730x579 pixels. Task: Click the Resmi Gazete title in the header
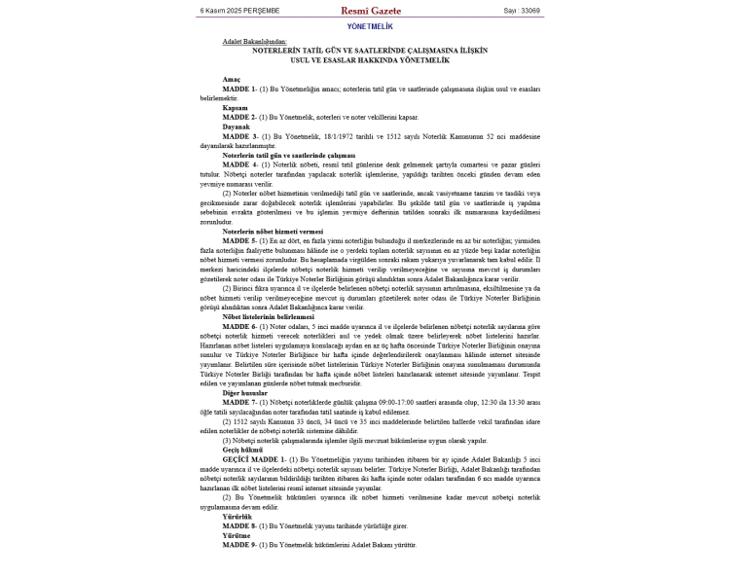pos(370,11)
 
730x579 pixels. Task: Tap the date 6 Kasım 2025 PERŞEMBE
pos(239,11)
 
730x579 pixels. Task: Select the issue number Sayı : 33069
pos(521,11)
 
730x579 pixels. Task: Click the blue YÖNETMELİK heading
pos(370,26)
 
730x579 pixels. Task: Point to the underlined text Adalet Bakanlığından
pos(254,42)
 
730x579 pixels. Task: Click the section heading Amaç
pos(231,79)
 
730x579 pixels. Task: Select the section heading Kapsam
pos(235,107)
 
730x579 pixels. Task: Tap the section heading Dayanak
pos(236,127)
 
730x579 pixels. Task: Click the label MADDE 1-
pos(238,89)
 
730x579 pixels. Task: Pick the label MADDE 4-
pos(238,164)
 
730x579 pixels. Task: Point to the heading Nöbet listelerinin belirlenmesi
pos(268,316)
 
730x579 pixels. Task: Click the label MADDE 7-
pos(238,401)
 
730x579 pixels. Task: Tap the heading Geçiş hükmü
pos(243,450)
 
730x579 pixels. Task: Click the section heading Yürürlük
pos(237,516)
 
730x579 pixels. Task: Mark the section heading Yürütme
pos(237,535)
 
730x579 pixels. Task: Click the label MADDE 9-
pos(238,545)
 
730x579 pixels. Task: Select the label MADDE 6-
pos(238,326)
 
